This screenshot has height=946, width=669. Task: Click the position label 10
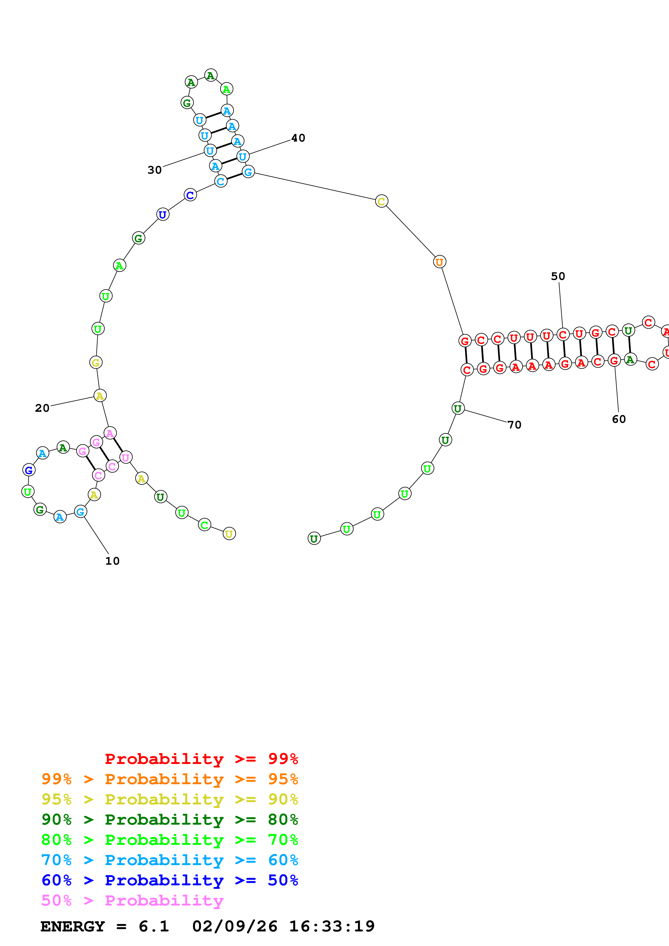(112, 561)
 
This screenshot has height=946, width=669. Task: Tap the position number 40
(298, 138)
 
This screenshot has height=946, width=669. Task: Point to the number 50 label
(558, 276)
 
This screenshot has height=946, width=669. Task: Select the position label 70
(514, 424)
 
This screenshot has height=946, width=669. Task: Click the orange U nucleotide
(439, 262)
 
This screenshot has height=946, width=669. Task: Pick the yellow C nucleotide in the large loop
(381, 201)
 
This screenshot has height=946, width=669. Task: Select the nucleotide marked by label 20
(100, 396)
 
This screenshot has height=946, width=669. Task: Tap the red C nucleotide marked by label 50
(563, 334)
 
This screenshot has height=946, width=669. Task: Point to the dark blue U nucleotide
(163, 214)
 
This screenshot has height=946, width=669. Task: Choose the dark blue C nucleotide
(190, 195)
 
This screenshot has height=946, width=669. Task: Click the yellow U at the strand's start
(229, 534)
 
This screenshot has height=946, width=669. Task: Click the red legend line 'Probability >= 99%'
(201, 759)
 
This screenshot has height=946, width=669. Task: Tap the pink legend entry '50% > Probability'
(132, 900)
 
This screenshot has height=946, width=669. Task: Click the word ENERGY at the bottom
(73, 926)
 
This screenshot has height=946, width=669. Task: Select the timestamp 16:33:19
(332, 926)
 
